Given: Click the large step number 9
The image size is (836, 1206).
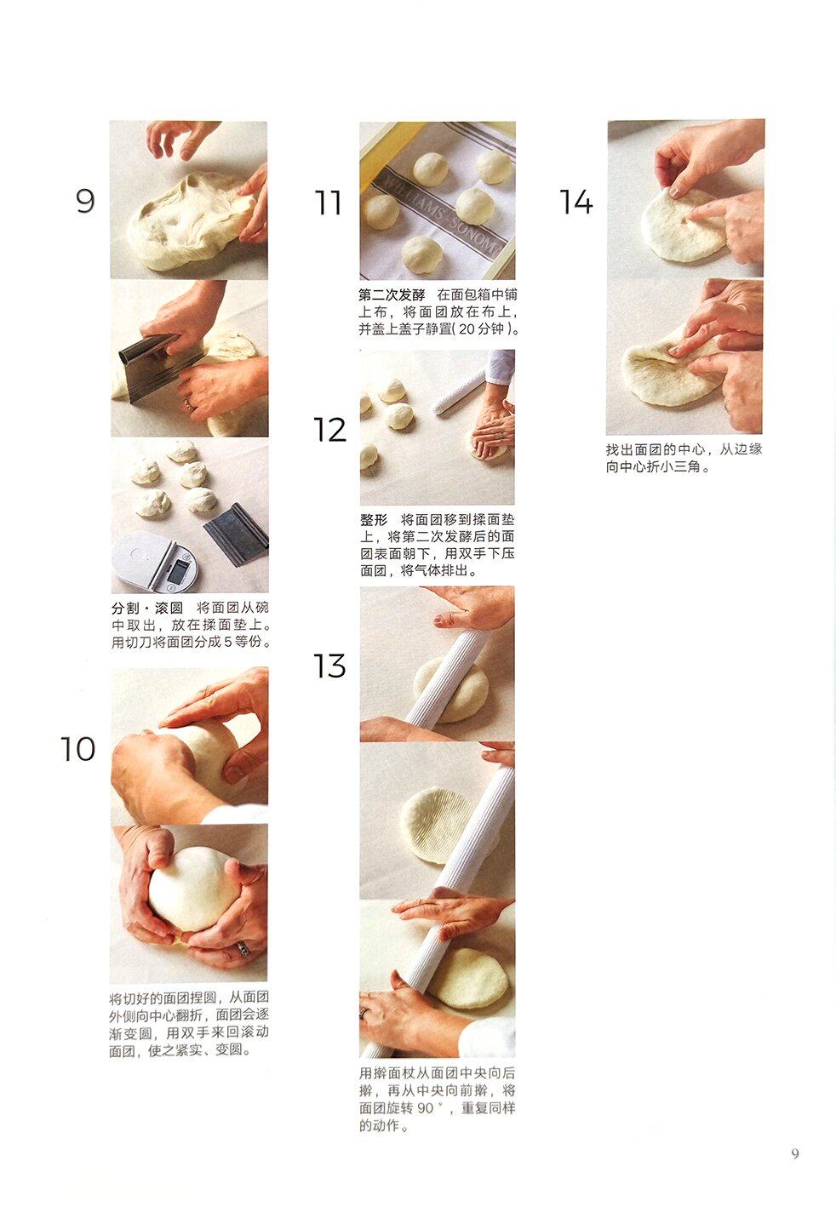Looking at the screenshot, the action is pos(85,201).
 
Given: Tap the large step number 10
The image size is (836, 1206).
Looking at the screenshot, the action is pos(78,749).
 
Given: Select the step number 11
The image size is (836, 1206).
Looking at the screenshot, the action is pos(328,203).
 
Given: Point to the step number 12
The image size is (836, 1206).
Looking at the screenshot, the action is pos(329,430).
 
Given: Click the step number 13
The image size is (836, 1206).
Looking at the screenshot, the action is pos(329,666).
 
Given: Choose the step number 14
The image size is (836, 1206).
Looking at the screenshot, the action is pos(575,202).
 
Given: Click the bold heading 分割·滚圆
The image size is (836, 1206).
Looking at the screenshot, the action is pos(147,609).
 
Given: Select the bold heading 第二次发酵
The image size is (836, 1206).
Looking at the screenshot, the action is pos(392,295).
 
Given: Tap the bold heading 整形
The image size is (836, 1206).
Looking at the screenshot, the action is pos(374,519).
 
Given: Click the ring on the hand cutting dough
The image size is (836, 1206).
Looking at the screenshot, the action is pos(188,403).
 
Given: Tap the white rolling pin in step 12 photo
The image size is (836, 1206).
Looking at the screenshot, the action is pos(459,391).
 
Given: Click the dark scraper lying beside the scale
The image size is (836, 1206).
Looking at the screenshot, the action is pos(236,533).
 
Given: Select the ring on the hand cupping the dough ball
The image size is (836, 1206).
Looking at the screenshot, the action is pos(244,949).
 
